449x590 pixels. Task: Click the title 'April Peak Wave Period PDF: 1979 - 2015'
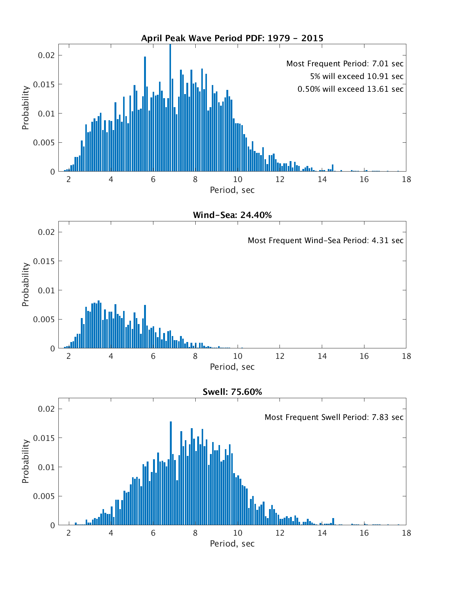click(232, 38)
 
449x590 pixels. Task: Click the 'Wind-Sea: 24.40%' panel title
click(232, 215)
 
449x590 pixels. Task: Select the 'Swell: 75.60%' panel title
click(232, 392)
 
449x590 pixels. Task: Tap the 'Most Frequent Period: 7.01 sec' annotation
click(345, 64)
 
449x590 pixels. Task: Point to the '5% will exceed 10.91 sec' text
click(357, 76)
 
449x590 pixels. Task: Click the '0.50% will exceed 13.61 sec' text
click(350, 89)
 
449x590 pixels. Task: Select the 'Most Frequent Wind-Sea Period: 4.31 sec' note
click(326, 240)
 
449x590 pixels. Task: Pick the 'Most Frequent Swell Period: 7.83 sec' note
click(334, 417)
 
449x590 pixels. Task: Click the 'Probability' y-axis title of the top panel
click(25, 108)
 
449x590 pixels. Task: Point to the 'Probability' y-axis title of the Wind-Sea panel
click(25, 285)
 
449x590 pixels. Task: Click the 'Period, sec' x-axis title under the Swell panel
click(232, 544)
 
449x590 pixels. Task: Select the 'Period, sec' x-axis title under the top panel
click(232, 190)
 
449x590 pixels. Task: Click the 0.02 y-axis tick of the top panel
click(46, 55)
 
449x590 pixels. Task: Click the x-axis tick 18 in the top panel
click(406, 179)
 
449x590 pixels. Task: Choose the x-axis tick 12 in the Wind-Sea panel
click(280, 356)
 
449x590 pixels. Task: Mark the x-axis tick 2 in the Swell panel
click(69, 533)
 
